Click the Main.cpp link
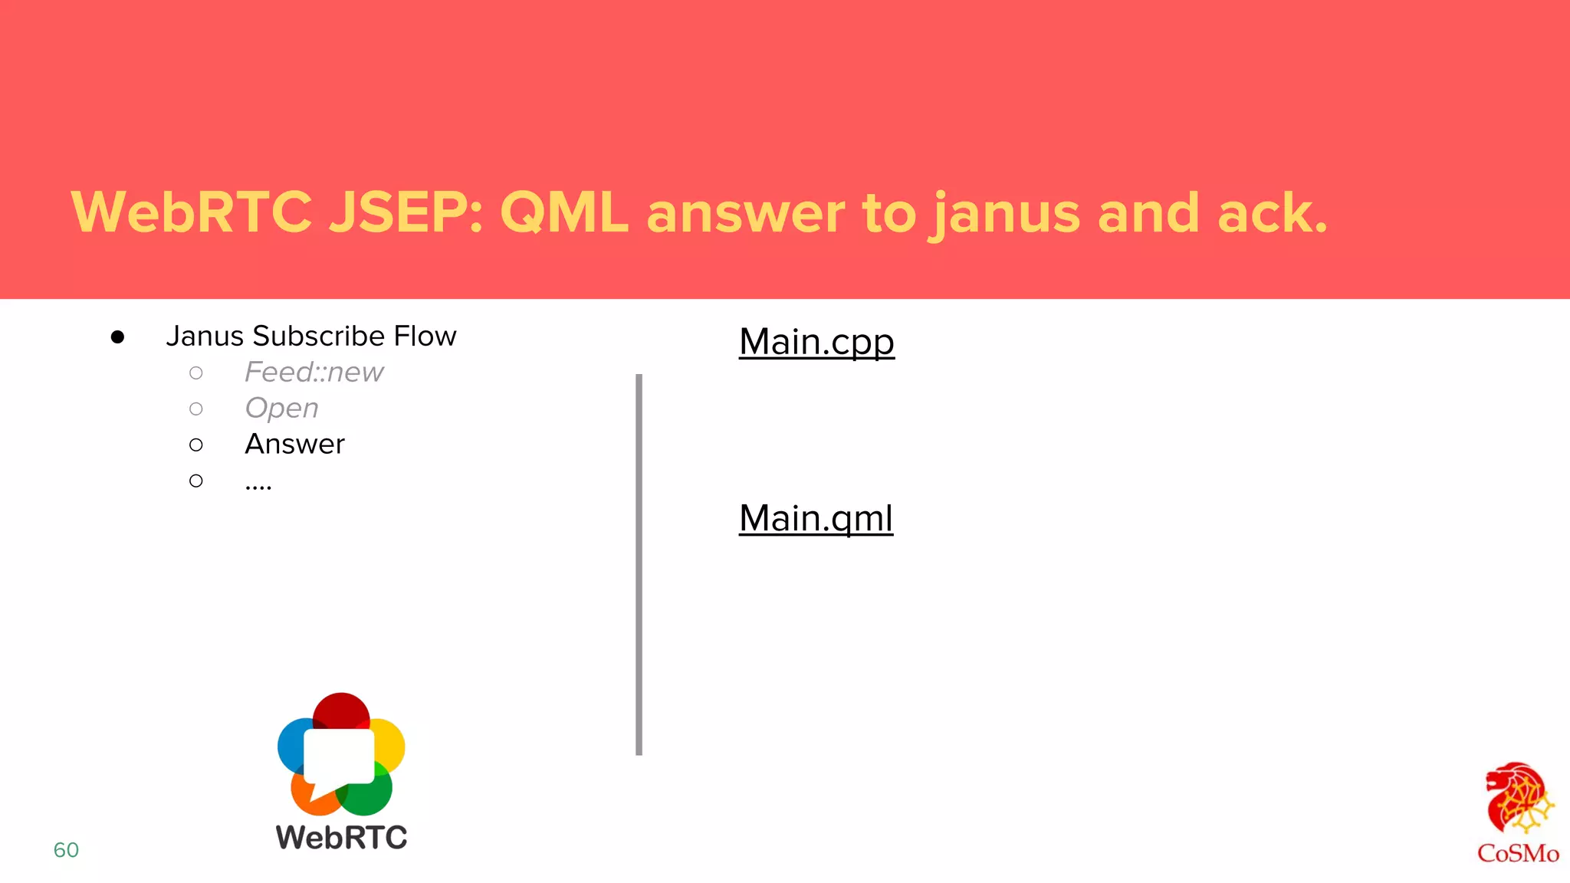816,342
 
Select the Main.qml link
816,518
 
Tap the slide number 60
66,849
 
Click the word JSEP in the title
406,212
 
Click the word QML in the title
563,212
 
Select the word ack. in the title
1272,212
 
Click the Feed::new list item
314,373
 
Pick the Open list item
281,408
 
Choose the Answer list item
295,444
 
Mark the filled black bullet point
117,337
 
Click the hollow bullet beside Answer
196,445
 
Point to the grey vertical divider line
639,564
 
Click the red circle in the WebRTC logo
341,708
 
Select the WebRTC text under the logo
341,837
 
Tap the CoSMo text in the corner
1518,853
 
